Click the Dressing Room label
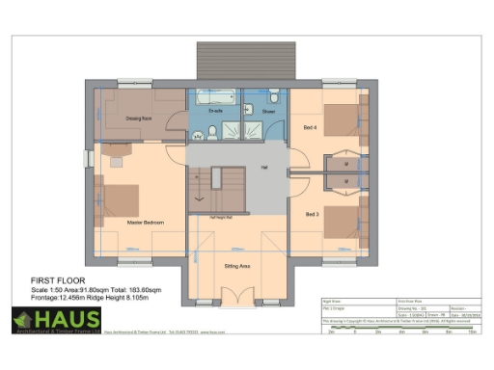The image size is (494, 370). (142, 119)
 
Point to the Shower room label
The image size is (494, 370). (268, 113)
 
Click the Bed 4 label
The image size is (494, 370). (309, 127)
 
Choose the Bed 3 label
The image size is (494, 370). (312, 213)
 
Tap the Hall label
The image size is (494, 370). (262, 166)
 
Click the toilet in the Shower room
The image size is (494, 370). (275, 97)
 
